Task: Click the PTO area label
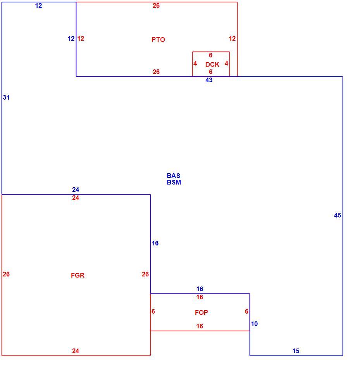[x=158, y=40]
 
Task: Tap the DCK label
[x=212, y=64]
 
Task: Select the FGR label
[x=78, y=275]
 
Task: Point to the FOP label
[x=201, y=312]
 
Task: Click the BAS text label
[x=173, y=176]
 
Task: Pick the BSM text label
[x=174, y=182]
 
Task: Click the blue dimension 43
[x=209, y=80]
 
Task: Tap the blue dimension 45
[x=338, y=215]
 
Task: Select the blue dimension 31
[x=6, y=97]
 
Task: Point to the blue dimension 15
[x=296, y=351]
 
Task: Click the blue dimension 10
[x=254, y=324]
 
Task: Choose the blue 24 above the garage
[x=76, y=190]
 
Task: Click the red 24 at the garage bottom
[x=76, y=351]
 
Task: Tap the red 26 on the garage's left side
[x=6, y=274]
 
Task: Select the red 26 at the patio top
[x=156, y=5]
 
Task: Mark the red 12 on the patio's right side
[x=232, y=38]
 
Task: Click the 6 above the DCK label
[x=210, y=55]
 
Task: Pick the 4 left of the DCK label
[x=195, y=63]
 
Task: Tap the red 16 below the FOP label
[x=200, y=326]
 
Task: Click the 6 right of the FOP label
[x=247, y=311]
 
